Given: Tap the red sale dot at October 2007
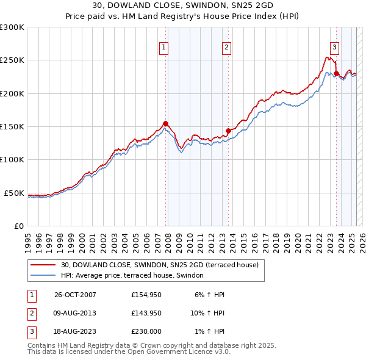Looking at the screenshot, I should click(165, 123).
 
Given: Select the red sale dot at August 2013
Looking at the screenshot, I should click(228, 131).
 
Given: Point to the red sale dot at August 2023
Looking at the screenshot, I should click(336, 73).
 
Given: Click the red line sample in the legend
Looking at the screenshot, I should click(43, 265).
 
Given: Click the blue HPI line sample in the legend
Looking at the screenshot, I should click(43, 276).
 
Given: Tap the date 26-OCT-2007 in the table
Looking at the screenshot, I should click(76, 295).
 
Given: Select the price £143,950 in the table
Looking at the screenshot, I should click(146, 313).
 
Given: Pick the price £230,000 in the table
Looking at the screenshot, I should click(146, 331).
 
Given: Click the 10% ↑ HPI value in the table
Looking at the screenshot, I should click(207, 313).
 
